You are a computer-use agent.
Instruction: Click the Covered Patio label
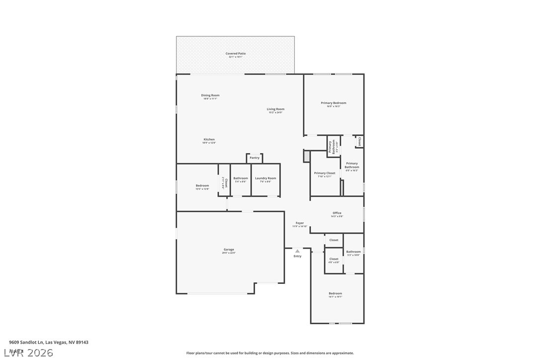[235, 54]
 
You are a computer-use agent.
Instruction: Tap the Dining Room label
[210, 95]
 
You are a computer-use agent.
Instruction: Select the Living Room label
[275, 109]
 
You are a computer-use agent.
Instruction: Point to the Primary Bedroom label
[333, 103]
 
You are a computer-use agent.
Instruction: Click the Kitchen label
[209, 140]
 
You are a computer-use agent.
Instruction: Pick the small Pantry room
[255, 158]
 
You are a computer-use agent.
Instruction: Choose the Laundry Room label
[266, 179]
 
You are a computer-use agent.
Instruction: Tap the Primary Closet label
[324, 174]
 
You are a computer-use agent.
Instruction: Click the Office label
[337, 213]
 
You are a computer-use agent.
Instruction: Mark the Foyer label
[299, 223]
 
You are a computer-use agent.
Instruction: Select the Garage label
[229, 250]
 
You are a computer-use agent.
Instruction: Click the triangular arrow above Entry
[297, 251]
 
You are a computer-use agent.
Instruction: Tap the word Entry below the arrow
[297, 256]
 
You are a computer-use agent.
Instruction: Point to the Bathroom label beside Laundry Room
[241, 179]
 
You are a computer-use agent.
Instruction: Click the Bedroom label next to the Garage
[202, 186]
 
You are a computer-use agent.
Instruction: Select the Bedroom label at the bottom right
[335, 294]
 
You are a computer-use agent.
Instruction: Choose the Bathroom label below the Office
[354, 252]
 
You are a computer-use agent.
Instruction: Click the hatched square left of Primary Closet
[307, 156]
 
